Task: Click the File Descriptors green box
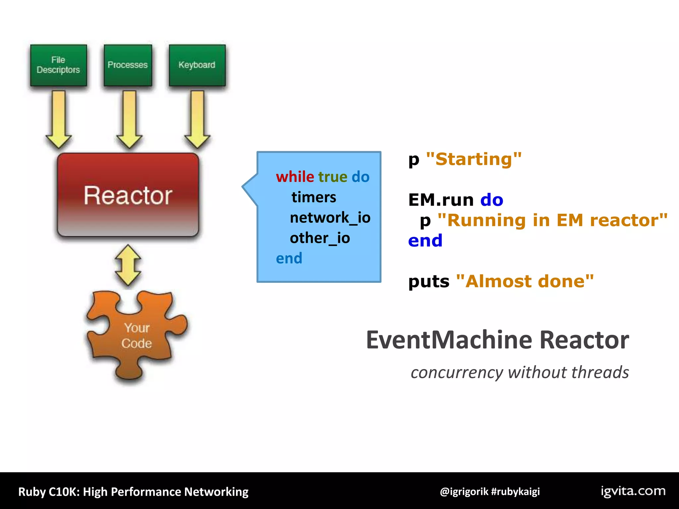[x=58, y=65]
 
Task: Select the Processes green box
[x=128, y=65]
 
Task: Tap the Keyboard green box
[x=197, y=65]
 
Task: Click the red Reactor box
[x=128, y=195]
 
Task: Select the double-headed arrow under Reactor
[x=128, y=265]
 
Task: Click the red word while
[x=295, y=177]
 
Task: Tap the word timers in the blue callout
[x=314, y=198]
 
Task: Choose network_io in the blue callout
[x=330, y=218]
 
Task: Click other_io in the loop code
[x=320, y=238]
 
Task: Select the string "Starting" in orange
[x=474, y=159]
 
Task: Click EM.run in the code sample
[x=441, y=200]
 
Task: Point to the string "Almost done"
[x=525, y=281]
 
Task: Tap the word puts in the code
[x=429, y=281]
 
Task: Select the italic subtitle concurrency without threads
[x=520, y=372]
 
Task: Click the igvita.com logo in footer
[x=633, y=491]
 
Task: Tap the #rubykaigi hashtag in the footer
[x=515, y=491]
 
